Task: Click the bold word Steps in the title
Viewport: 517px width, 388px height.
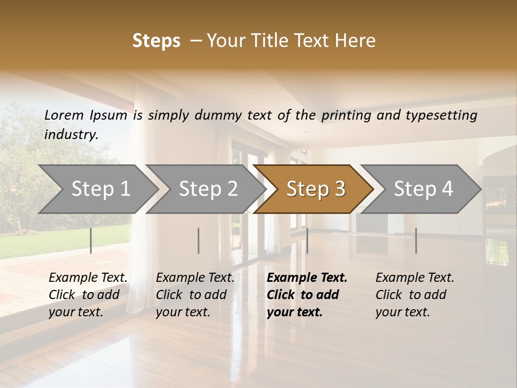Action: (156, 41)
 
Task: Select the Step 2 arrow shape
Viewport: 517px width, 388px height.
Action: (208, 189)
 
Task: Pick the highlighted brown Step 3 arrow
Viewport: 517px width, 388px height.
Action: (316, 189)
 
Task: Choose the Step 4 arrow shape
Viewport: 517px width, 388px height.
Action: (423, 189)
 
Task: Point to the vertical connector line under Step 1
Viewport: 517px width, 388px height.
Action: (90, 240)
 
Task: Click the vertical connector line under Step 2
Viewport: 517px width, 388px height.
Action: (198, 240)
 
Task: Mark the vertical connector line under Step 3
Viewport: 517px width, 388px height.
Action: (307, 240)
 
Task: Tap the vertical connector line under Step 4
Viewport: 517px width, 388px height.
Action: (416, 240)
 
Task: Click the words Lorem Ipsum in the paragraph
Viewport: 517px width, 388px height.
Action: (86, 115)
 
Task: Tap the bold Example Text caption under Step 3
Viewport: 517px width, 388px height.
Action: (307, 294)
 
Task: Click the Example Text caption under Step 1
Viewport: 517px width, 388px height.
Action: (88, 294)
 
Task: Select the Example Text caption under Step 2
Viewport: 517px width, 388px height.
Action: (195, 294)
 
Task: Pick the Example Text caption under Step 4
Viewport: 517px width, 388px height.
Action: (415, 294)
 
